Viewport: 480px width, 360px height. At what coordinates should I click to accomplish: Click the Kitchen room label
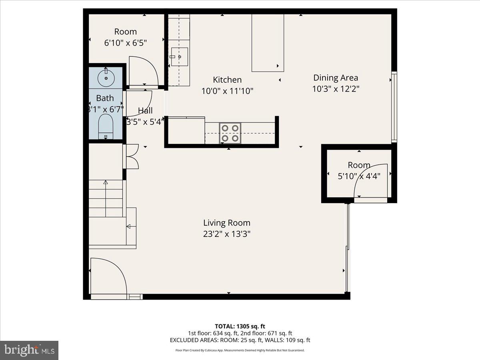(227, 80)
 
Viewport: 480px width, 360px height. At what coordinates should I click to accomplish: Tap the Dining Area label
(335, 78)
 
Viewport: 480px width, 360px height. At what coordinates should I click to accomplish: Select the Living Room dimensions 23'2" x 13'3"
(226, 234)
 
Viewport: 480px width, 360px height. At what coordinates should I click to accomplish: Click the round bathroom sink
(106, 78)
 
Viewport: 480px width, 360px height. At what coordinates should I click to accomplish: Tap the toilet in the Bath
(106, 125)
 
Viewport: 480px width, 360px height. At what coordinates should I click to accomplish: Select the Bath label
(105, 98)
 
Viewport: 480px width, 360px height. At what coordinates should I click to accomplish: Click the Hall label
(145, 110)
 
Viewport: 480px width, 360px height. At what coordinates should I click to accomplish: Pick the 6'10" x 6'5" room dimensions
(126, 43)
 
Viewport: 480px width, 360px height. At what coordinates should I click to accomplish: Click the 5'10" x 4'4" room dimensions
(359, 175)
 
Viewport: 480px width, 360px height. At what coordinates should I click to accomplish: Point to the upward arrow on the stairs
(106, 182)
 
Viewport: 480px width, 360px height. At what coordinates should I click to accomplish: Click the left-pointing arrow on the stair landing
(128, 226)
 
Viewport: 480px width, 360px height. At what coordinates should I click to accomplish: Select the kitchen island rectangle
(268, 42)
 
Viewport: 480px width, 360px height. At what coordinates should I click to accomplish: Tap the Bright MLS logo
(29, 350)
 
